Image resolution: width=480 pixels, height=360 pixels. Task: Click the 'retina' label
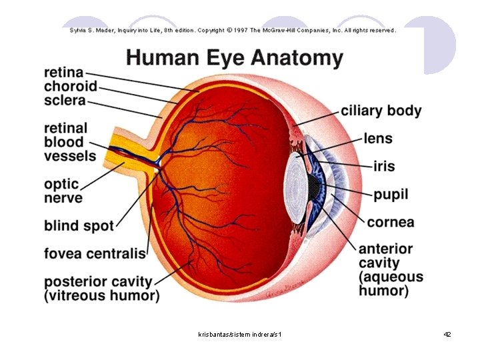click(64, 73)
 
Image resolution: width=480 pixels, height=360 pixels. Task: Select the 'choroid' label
click(71, 86)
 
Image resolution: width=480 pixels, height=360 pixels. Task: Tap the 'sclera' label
click(65, 101)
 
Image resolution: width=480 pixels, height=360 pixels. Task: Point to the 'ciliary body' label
click(381, 111)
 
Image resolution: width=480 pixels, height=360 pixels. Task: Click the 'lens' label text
click(378, 139)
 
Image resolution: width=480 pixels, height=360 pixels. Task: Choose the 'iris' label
click(384, 166)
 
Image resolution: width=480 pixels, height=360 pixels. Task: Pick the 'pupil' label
click(391, 195)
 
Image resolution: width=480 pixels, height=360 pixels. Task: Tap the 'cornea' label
click(391, 223)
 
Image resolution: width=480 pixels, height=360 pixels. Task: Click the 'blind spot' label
click(79, 226)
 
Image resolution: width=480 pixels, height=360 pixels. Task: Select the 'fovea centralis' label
click(95, 253)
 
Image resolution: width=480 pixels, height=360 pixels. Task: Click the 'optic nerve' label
click(63, 191)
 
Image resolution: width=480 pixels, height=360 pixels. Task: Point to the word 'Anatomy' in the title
click(297, 58)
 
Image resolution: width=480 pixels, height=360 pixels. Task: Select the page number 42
click(447, 334)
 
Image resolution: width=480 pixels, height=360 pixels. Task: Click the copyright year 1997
click(241, 30)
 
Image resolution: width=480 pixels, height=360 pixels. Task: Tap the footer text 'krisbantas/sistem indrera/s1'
click(240, 334)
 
